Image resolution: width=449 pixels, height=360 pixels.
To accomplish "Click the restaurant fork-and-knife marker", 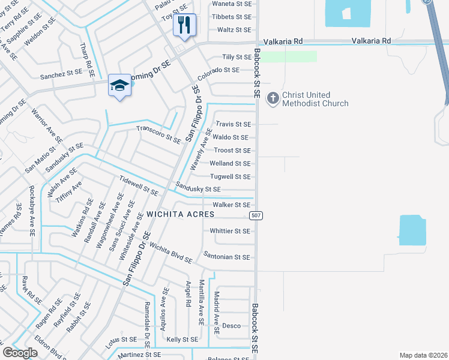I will click(x=184, y=25).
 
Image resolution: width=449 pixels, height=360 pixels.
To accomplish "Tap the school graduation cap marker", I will click(x=119, y=86).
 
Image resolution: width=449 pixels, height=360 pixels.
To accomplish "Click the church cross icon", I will click(x=272, y=97).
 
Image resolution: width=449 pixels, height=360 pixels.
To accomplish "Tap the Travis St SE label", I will click(x=233, y=124).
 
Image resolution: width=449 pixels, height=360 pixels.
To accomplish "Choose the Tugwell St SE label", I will click(x=230, y=176).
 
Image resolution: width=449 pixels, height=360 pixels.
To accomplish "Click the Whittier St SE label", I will click(x=230, y=231).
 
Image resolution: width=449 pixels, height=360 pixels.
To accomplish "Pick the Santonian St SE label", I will click(x=226, y=257).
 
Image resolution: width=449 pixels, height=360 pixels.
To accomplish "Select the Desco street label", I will click(x=231, y=326).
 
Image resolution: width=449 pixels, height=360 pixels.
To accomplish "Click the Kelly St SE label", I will click(x=182, y=340).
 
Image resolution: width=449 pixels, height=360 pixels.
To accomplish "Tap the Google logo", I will click(x=20, y=353).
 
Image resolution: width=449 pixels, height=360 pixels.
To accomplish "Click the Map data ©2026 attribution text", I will click(x=423, y=355).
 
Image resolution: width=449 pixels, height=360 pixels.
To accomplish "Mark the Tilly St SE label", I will click(x=237, y=57).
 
